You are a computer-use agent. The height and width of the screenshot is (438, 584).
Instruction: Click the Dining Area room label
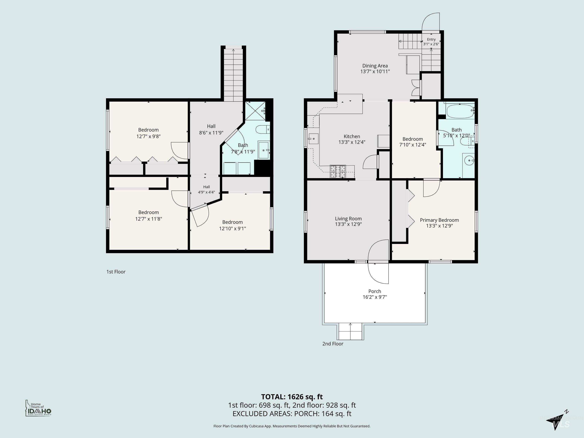375,66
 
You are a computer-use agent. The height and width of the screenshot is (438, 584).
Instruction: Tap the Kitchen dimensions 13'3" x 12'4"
352,142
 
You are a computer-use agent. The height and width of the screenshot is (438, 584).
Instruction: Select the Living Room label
348,219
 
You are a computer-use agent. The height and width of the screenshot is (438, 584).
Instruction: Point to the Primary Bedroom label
439,220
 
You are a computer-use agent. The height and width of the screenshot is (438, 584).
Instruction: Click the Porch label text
375,291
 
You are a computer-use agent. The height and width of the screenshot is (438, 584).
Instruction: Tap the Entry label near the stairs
431,39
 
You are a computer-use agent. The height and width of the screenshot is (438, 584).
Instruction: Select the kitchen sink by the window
313,139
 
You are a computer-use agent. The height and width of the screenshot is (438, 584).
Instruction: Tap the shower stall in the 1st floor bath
255,111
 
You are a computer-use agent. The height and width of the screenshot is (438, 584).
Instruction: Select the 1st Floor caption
116,272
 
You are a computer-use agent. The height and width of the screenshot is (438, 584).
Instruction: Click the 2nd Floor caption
333,344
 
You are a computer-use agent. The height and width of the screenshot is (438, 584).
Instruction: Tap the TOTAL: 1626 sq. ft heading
292,397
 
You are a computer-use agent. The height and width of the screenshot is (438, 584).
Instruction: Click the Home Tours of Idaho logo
38,408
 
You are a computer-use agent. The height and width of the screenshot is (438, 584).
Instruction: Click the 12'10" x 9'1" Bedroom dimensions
232,228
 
